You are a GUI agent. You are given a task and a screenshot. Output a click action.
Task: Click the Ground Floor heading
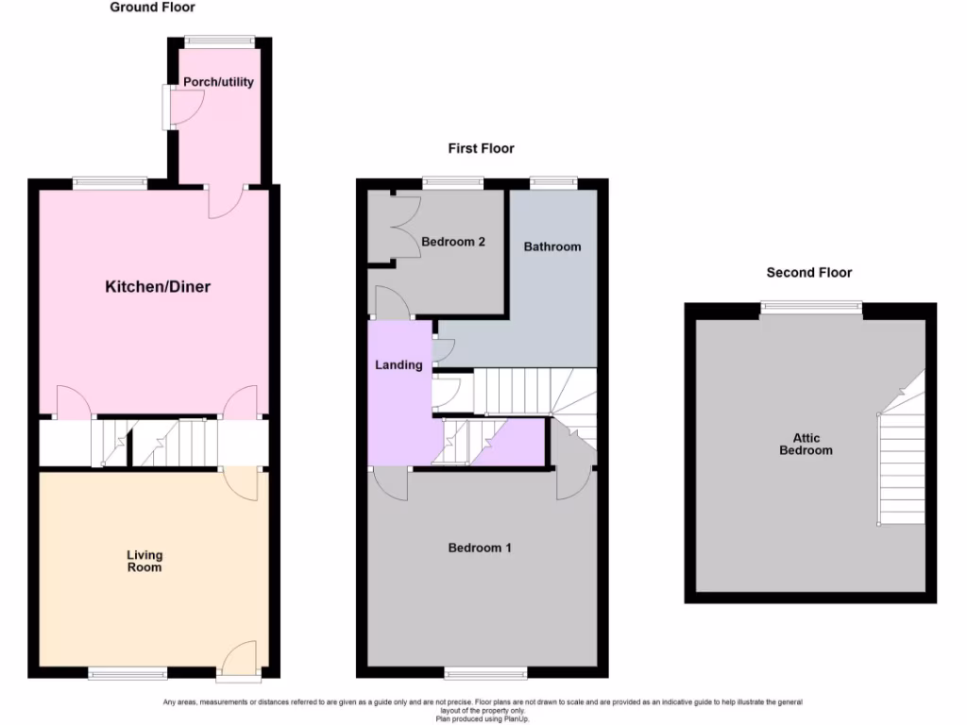[152, 8]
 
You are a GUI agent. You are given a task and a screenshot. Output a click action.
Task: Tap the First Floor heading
[481, 148]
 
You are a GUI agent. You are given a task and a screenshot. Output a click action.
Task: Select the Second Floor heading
[808, 273]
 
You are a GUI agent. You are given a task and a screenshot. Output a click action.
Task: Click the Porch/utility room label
[218, 82]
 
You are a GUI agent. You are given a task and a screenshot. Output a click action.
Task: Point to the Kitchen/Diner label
[157, 287]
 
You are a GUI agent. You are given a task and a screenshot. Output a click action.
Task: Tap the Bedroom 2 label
[453, 242]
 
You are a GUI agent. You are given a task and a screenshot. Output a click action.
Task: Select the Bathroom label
[552, 246]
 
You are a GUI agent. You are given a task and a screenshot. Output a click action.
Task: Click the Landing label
[399, 365]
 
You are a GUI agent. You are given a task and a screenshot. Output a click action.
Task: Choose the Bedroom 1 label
[480, 548]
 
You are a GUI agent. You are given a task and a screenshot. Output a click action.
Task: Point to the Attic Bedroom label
[806, 444]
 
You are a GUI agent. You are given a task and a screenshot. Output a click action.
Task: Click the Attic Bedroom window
[812, 305]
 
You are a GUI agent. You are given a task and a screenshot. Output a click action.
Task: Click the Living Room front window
[127, 672]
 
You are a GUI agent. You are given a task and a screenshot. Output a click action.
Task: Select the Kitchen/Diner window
[110, 183]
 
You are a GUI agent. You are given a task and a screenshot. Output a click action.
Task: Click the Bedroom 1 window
[486, 672]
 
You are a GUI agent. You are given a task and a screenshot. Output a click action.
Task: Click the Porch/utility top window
[219, 41]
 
